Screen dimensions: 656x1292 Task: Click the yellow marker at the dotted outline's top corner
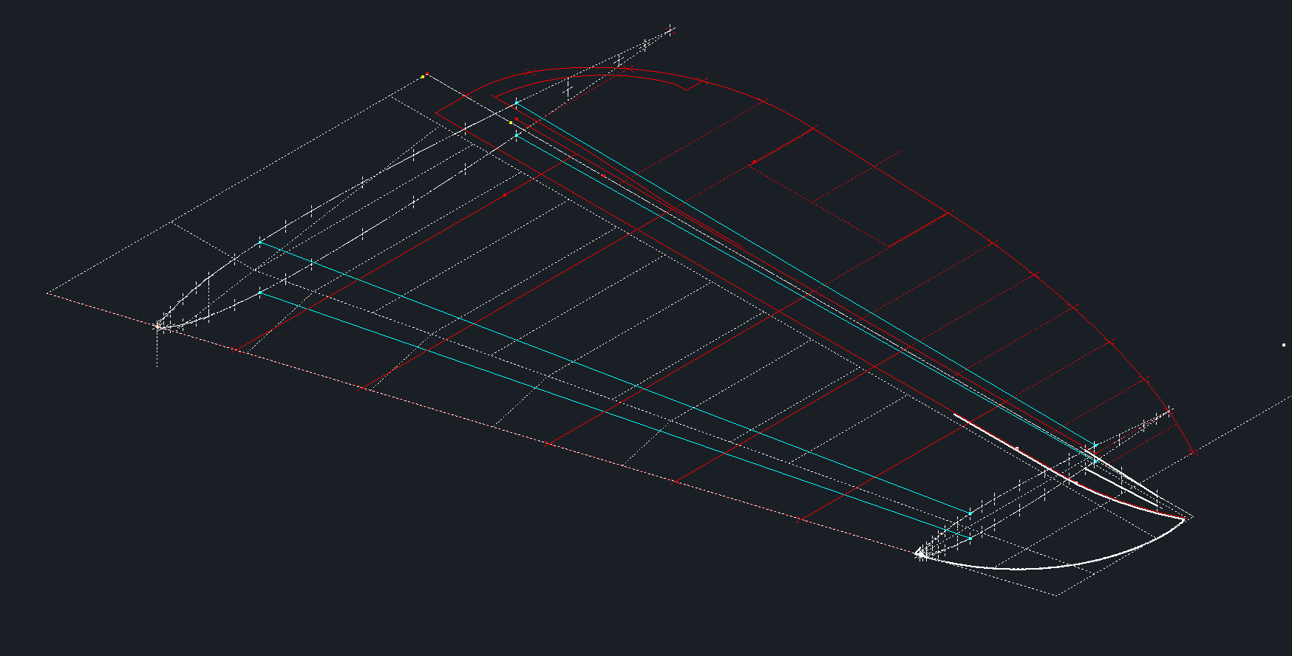click(422, 76)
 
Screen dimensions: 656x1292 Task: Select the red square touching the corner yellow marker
click(426, 74)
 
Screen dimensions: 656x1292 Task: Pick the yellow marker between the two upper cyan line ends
click(511, 123)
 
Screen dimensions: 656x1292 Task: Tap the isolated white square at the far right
click(1284, 345)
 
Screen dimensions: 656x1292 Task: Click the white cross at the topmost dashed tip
click(670, 30)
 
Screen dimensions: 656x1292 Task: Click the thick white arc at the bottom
click(1035, 568)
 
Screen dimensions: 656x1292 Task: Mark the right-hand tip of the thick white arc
click(1184, 519)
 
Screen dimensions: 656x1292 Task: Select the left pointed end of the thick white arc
click(917, 553)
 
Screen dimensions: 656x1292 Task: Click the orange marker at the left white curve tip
click(157, 325)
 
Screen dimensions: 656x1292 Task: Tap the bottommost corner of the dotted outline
click(1058, 594)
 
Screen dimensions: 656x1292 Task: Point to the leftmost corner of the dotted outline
click(47, 293)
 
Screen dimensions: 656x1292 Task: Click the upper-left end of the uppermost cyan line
click(517, 104)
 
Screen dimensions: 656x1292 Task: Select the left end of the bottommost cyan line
click(260, 293)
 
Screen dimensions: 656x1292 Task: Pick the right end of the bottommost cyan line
click(970, 539)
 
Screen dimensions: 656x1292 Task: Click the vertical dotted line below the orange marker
click(157, 351)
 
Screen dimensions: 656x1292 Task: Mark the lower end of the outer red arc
click(1192, 452)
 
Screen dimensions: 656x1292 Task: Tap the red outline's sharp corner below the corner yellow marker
click(436, 113)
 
